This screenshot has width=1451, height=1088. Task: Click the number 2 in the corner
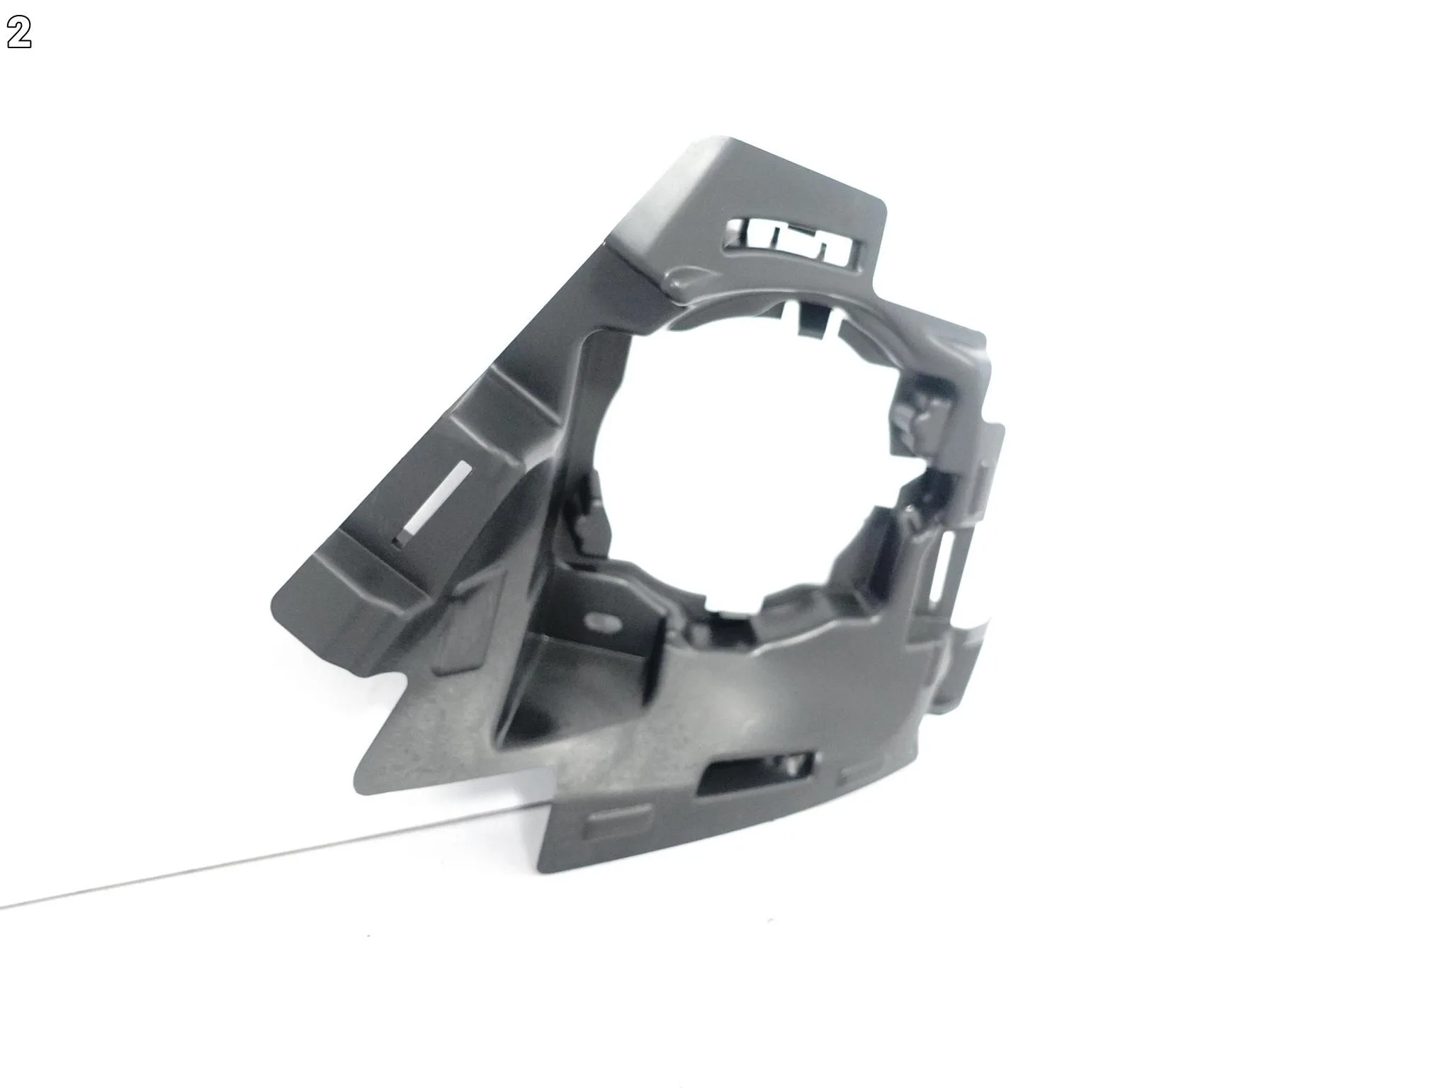(19, 34)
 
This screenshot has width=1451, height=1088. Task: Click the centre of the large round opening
(751, 467)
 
